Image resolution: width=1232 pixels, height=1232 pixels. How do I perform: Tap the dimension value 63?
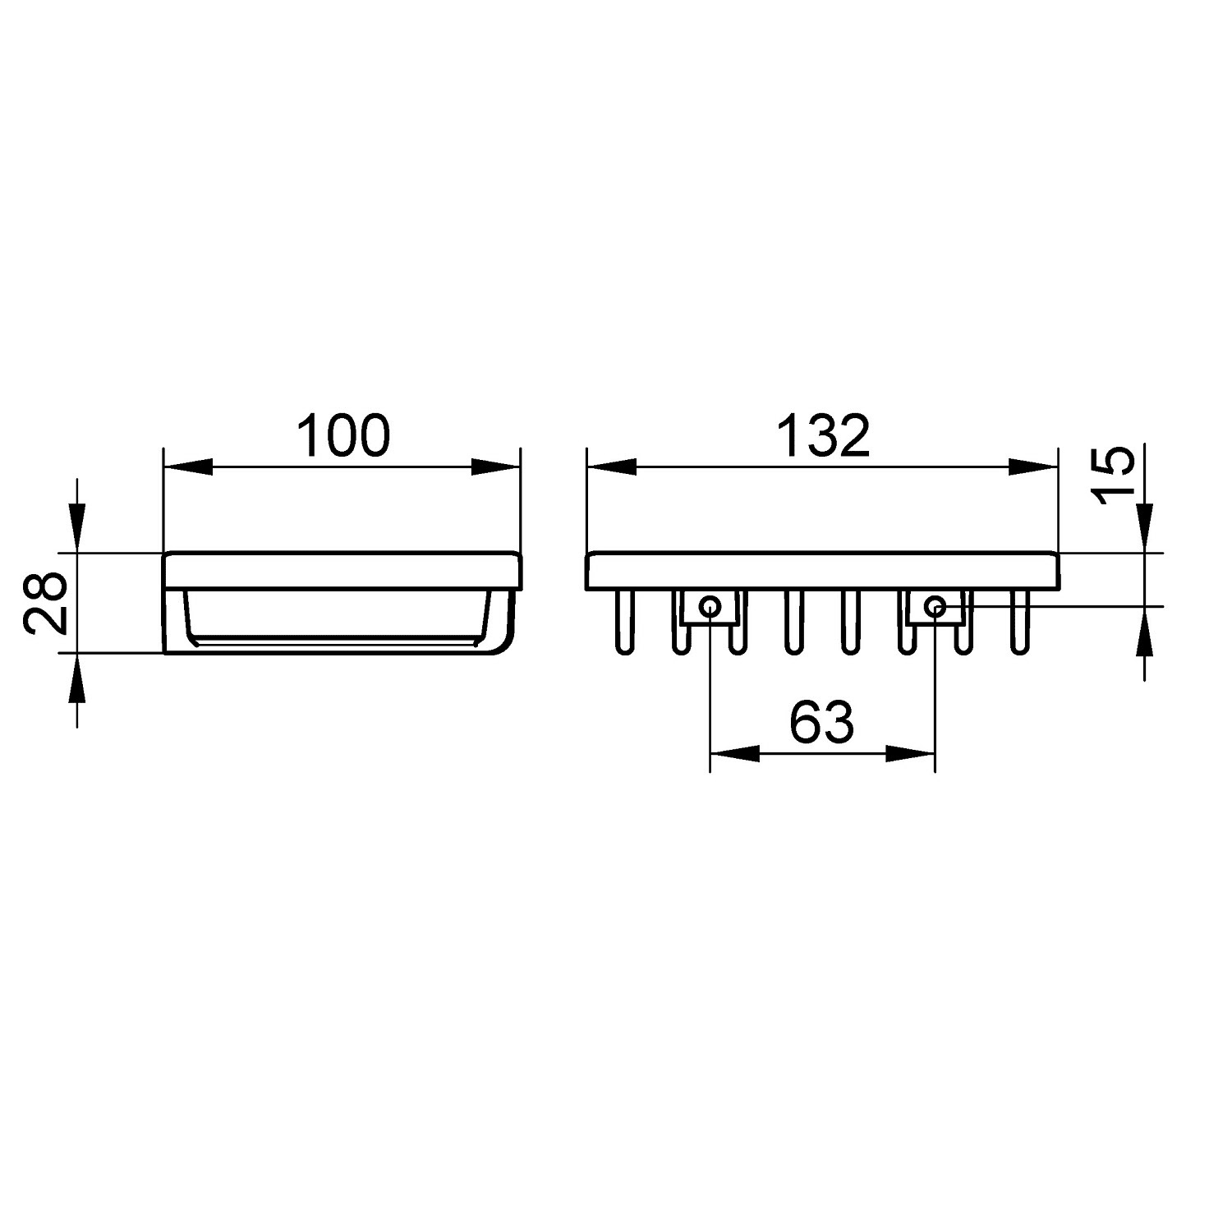click(822, 723)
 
